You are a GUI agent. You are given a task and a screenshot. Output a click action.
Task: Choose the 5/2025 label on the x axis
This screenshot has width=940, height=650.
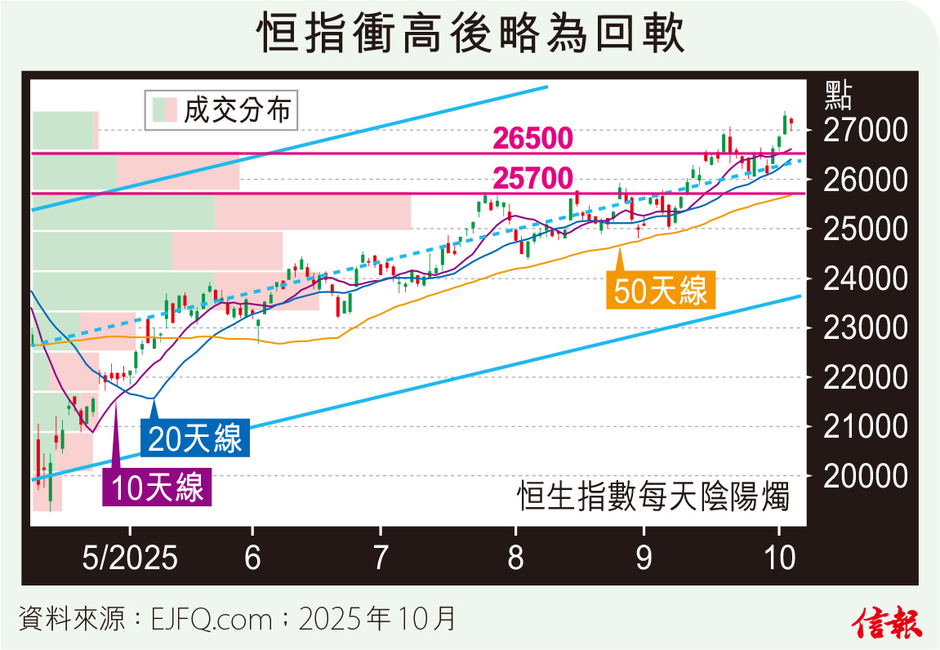130,558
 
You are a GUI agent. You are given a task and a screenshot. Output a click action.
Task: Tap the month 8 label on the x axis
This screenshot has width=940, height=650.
515,558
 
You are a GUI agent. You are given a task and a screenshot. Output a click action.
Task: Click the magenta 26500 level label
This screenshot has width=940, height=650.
532,140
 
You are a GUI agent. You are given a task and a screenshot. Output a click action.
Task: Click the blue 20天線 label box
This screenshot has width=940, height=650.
195,439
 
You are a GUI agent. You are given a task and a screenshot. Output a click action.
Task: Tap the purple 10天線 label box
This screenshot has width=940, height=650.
157,487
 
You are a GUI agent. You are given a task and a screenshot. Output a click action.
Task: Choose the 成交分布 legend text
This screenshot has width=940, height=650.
237,110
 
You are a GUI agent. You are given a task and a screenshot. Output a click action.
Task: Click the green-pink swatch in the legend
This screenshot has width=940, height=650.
164,110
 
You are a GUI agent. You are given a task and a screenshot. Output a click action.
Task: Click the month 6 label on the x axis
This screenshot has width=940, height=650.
253,558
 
